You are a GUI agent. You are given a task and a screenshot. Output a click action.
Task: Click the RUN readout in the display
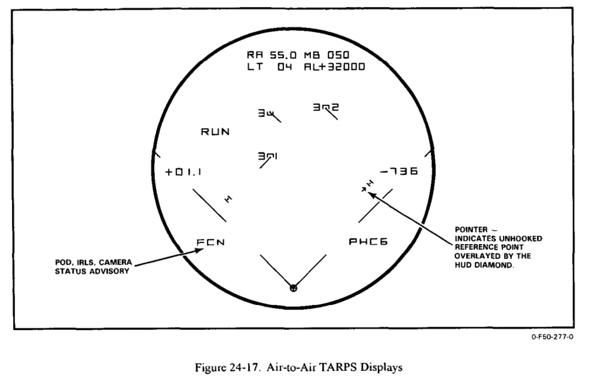[x=215, y=132]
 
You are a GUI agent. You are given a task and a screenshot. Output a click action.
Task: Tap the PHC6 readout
[x=369, y=242]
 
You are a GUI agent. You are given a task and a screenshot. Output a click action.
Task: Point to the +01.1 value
[x=184, y=172]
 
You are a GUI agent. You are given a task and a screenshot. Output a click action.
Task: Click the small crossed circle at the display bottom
[x=293, y=288]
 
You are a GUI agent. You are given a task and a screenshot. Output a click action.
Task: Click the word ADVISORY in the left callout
[x=105, y=270]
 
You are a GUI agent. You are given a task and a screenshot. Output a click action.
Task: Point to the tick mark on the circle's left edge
[x=157, y=153]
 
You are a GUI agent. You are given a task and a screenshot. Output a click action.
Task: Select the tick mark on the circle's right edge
[x=428, y=152]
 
